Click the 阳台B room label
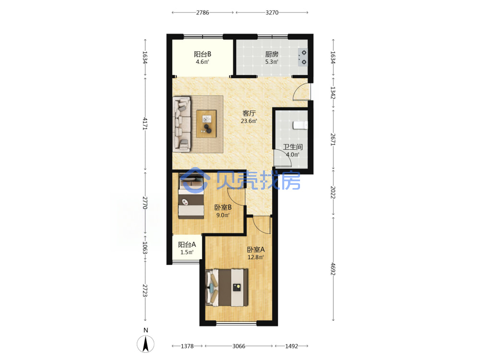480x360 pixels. point(203,54)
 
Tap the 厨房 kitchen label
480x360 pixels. point(272,54)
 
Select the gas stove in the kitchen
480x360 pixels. point(302,57)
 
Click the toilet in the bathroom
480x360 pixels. point(300,125)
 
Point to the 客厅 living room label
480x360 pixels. point(249,113)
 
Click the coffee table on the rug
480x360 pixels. point(206,124)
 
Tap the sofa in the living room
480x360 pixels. point(182,124)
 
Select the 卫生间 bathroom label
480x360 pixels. point(293,147)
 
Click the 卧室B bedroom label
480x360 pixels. point(223,207)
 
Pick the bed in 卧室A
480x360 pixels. point(227,288)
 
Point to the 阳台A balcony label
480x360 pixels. point(187,245)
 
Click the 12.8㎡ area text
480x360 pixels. point(256,257)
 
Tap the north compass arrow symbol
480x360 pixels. point(146,344)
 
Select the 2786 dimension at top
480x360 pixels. point(203,12)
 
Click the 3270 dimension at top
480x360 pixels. point(272,12)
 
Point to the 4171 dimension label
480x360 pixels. point(145,124)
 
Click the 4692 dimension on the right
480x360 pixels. point(333,268)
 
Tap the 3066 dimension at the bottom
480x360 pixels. point(239,346)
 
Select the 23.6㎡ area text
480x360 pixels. point(249,121)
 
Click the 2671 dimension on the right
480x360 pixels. point(333,139)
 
